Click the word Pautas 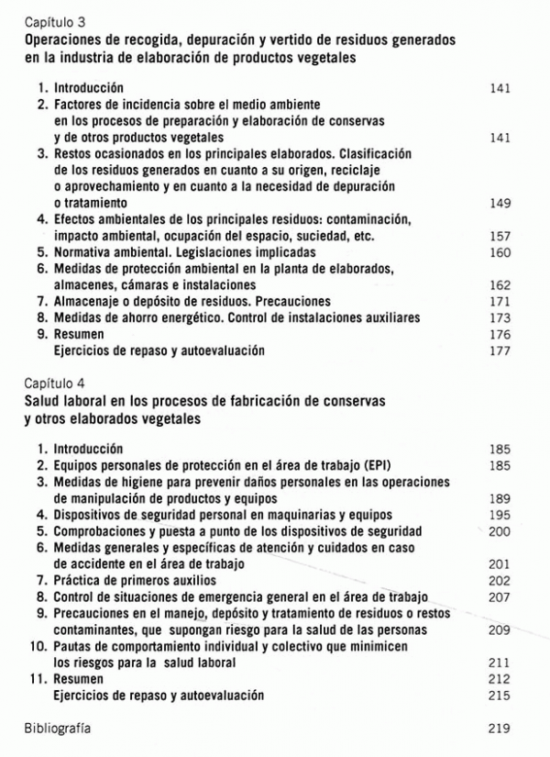[x=74, y=647]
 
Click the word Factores [x=79, y=105]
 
